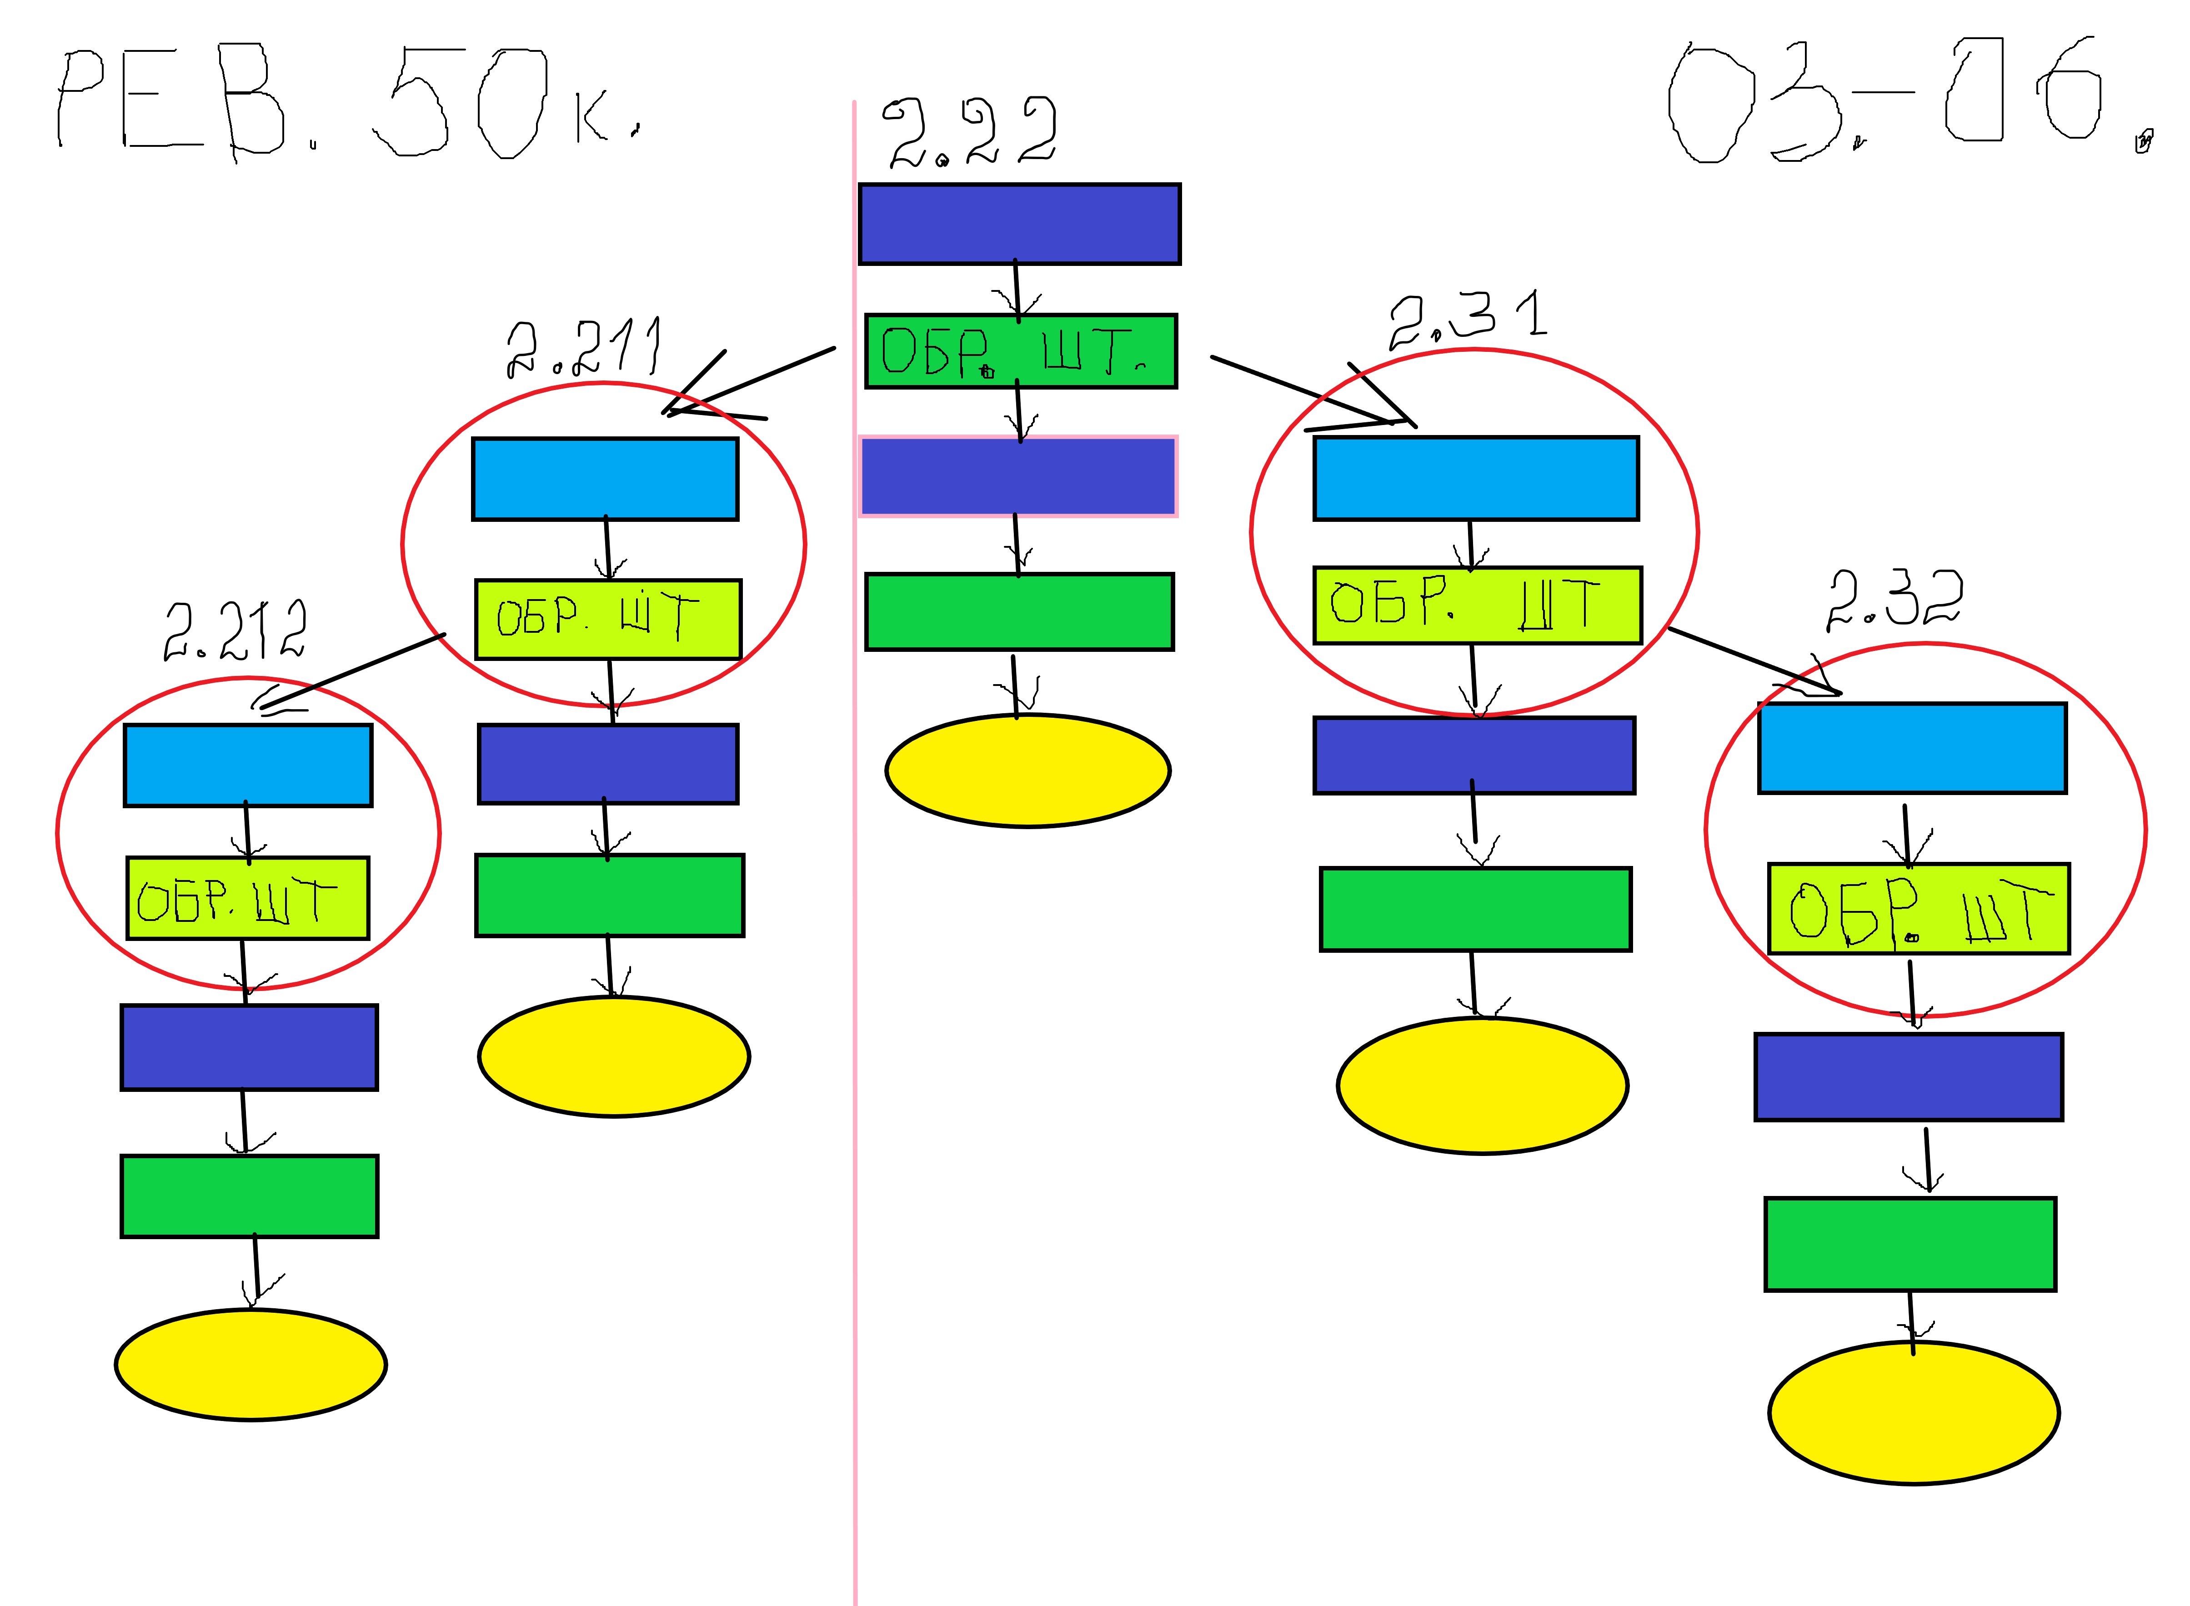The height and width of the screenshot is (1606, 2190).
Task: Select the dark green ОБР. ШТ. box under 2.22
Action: click(1021, 351)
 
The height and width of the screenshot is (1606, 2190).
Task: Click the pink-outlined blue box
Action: click(1018, 476)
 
